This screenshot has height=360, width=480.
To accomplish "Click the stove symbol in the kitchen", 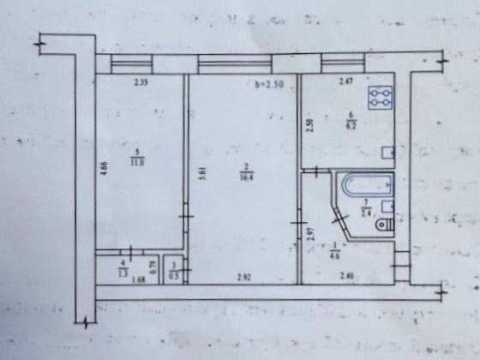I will pos(378,99).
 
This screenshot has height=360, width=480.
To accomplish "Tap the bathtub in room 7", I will pos(357,188).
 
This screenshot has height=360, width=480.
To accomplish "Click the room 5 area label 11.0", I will pos(138,159).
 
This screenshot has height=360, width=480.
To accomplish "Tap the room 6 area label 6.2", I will pos(350,125).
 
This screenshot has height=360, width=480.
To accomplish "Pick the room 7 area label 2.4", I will pos(366,213).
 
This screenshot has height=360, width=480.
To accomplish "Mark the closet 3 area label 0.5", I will pos(175,274).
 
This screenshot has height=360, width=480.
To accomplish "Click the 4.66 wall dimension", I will pos(103,169).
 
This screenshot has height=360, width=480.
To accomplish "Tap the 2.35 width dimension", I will pos(141,83).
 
